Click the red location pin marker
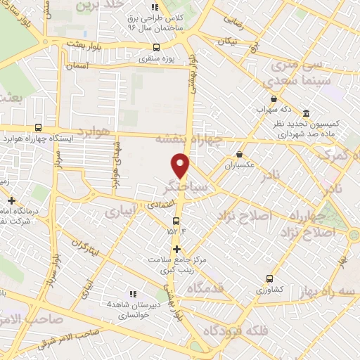point(181,165)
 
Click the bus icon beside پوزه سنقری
point(156,49)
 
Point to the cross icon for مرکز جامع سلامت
point(176,249)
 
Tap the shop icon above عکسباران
point(240,154)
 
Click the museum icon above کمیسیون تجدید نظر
point(306,113)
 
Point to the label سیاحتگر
point(184,188)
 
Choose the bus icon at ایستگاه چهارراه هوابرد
point(38,127)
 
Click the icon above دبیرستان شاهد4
point(132,294)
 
